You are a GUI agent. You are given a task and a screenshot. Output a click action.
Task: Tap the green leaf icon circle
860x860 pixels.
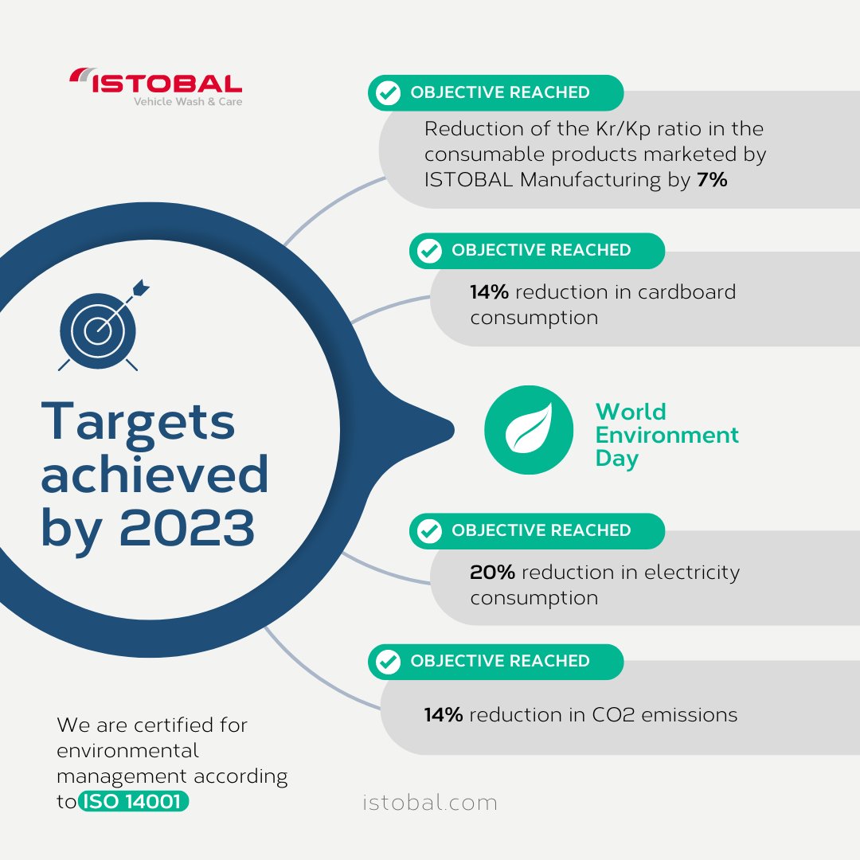click(x=529, y=430)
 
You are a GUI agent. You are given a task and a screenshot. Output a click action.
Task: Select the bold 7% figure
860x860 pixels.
click(x=712, y=180)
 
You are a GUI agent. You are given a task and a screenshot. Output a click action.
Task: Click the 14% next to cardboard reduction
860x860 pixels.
click(x=489, y=292)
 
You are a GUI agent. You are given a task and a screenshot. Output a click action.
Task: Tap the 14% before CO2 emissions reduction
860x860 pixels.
click(x=444, y=715)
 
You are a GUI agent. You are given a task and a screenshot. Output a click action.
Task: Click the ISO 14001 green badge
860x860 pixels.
click(x=134, y=802)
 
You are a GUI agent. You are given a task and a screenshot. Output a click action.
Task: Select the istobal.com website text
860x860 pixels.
click(x=430, y=803)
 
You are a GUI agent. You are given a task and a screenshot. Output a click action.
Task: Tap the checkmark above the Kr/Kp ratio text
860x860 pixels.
click(x=388, y=93)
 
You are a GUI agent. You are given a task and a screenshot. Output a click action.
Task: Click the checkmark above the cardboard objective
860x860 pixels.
click(x=429, y=251)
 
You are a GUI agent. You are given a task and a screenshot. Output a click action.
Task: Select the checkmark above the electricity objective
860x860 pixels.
click(x=429, y=531)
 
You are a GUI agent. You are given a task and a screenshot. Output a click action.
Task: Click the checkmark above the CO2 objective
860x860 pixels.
click(x=388, y=662)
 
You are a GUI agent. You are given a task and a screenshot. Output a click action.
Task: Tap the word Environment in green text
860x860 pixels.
click(x=667, y=436)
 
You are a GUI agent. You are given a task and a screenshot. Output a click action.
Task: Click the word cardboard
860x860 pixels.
click(x=686, y=292)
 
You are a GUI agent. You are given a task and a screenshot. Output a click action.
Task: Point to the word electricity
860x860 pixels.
click(x=692, y=573)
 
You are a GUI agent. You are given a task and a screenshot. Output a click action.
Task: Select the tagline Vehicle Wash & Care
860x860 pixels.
click(x=188, y=102)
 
